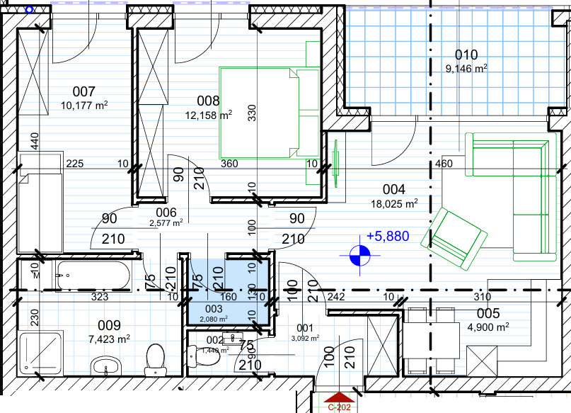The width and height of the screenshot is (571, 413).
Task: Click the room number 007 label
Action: [83, 91]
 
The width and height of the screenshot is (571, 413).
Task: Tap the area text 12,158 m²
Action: [209, 115]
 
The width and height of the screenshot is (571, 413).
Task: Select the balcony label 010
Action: [466, 55]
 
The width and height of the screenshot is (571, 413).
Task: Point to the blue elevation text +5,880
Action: [388, 236]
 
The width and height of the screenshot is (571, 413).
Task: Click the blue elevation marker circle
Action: [359, 255]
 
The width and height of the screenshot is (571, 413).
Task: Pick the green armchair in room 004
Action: [454, 239]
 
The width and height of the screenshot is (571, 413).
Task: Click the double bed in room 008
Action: [269, 113]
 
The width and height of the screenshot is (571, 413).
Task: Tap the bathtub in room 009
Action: [93, 276]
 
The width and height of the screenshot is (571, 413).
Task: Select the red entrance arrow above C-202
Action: [339, 397]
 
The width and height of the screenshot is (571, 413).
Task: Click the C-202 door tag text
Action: [339, 407]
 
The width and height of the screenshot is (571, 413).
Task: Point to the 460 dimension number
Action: [444, 164]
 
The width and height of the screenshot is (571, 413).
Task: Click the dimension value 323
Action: [100, 297]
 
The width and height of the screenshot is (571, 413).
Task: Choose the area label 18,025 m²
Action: [394, 204]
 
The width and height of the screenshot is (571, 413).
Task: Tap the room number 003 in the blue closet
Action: [214, 309]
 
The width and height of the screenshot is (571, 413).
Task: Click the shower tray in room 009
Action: [40, 353]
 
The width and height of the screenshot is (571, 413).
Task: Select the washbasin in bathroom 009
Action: [106, 366]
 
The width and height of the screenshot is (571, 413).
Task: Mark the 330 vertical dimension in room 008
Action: [252, 113]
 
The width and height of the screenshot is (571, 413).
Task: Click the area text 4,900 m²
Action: [488, 327]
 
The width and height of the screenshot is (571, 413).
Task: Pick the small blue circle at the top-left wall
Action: [29, 10]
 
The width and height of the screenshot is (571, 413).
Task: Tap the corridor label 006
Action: [166, 212]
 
